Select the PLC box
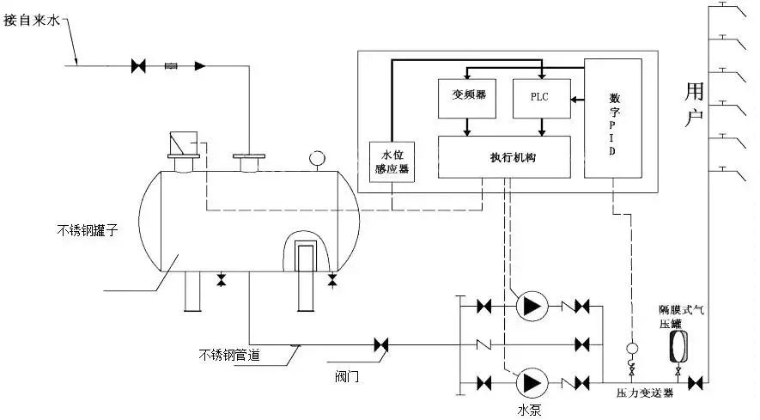[x=540, y=95]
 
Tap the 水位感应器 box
[x=392, y=161]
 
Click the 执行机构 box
[x=504, y=157]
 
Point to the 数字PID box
[x=613, y=119]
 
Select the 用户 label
[x=695, y=104]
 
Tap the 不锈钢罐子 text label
[x=83, y=229]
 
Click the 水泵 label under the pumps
[x=529, y=408]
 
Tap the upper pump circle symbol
[x=529, y=306]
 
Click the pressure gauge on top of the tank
[x=317, y=157]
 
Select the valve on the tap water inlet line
[x=137, y=64]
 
